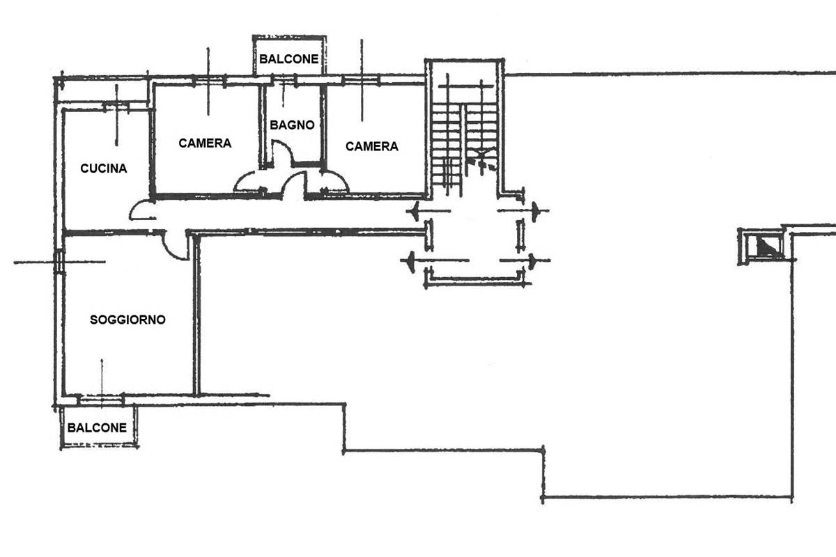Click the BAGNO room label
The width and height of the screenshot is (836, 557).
click(293, 125)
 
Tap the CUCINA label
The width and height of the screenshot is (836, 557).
click(104, 168)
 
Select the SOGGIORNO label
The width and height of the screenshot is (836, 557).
click(128, 320)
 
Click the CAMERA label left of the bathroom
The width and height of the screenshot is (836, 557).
click(205, 143)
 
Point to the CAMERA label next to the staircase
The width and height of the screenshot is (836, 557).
click(372, 146)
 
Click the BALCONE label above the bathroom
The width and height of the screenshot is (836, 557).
click(289, 60)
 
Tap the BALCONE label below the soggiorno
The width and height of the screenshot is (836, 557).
click(98, 427)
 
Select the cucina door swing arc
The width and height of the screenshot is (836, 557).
click(143, 211)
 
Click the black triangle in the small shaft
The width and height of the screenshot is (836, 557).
click(767, 246)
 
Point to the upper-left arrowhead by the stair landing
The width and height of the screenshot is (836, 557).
click(416, 210)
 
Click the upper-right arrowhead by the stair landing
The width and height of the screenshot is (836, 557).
click(535, 210)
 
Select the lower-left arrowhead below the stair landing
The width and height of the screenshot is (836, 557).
click(411, 261)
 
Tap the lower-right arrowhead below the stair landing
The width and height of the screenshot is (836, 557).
click(532, 261)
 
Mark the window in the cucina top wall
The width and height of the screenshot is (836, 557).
click(116, 106)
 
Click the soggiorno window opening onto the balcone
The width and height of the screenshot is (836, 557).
click(101, 400)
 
